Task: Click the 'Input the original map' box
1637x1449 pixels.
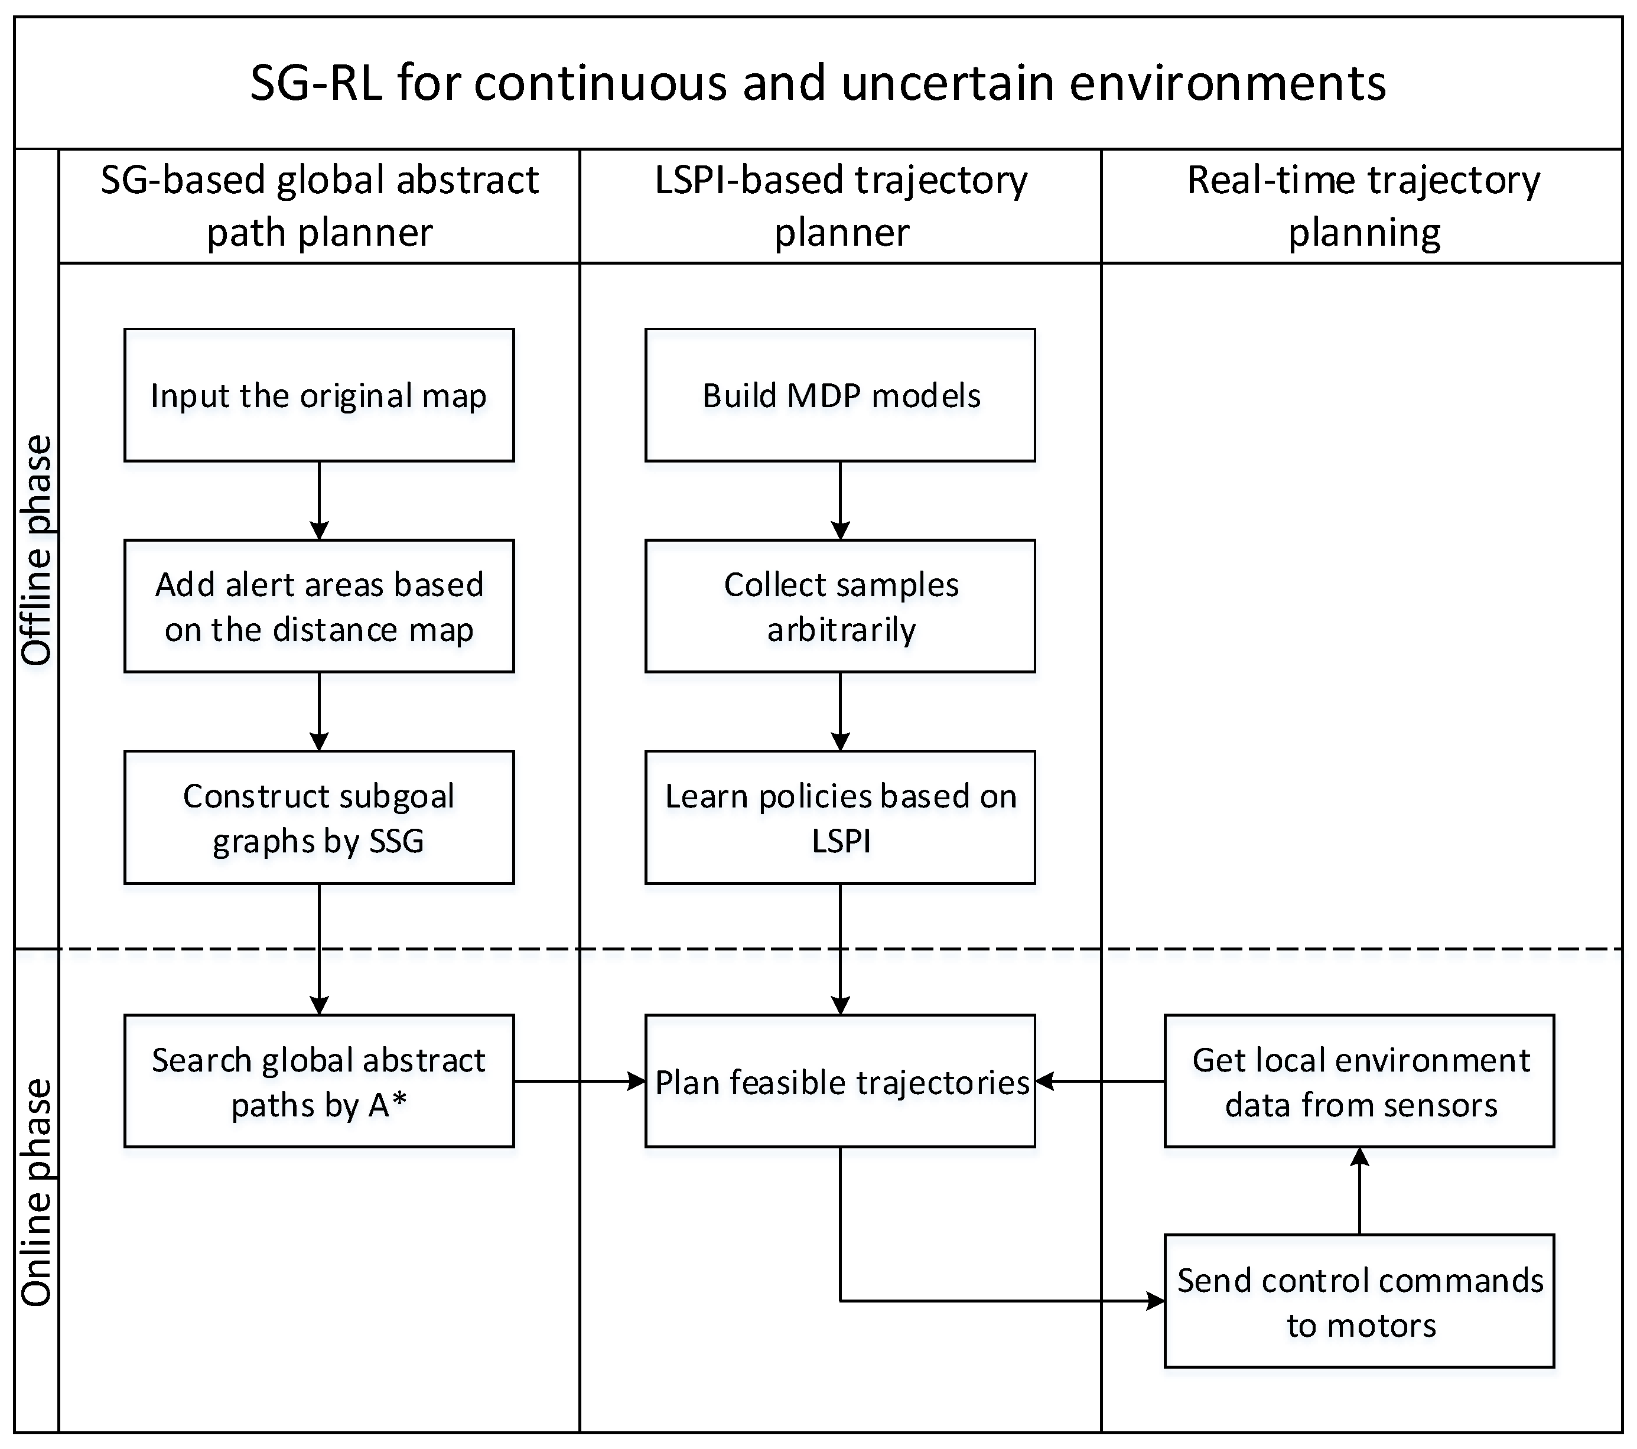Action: pyautogui.click(x=319, y=395)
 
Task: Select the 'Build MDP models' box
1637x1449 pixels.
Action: pyautogui.click(x=840, y=395)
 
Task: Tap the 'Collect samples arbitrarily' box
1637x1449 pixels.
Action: pyautogui.click(x=840, y=606)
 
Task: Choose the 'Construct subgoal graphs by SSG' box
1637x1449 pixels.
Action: pyautogui.click(x=319, y=817)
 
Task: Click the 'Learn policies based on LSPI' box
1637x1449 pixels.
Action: pyautogui.click(x=840, y=817)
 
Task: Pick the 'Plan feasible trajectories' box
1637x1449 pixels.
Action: pyautogui.click(x=840, y=1082)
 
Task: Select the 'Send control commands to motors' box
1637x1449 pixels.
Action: pyautogui.click(x=1359, y=1301)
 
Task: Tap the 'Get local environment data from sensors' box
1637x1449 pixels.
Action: pyautogui.click(x=1359, y=1082)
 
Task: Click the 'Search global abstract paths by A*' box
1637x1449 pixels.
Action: pyautogui.click(x=319, y=1082)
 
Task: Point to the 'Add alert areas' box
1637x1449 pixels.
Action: pyautogui.click(x=319, y=606)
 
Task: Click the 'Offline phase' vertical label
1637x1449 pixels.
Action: pyautogui.click(x=37, y=551)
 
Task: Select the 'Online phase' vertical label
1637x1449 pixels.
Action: pyautogui.click(x=37, y=1193)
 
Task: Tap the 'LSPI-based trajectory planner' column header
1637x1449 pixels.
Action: pyautogui.click(x=841, y=206)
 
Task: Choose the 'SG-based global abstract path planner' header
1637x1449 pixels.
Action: pyautogui.click(x=319, y=206)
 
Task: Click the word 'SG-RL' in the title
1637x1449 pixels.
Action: pyautogui.click(x=315, y=83)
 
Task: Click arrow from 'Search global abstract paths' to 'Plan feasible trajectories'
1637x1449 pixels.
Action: pyautogui.click(x=579, y=1082)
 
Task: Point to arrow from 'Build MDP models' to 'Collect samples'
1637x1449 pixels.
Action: pyautogui.click(x=840, y=500)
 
